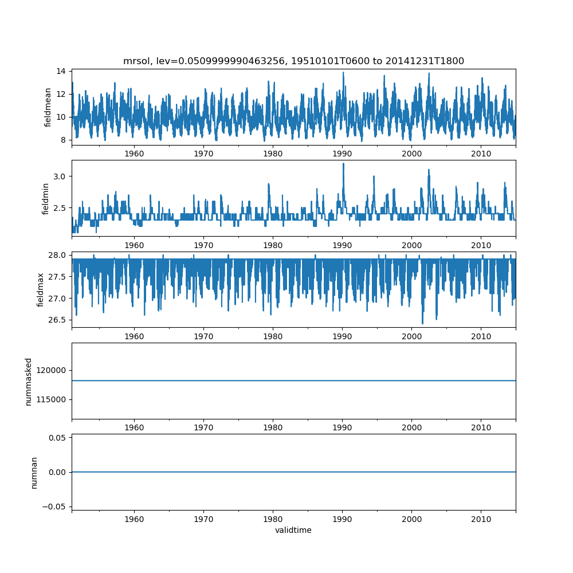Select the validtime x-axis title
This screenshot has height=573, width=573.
point(293,530)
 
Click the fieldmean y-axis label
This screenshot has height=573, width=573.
point(48,108)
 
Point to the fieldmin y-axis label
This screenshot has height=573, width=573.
point(45,199)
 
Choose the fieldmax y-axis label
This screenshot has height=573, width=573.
point(40,290)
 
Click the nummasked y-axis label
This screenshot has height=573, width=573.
point(29,382)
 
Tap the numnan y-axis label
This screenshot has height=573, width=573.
point(34,473)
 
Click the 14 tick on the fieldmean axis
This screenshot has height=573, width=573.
point(61,71)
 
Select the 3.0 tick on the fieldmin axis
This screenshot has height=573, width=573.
point(59,176)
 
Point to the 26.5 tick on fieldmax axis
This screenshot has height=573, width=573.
point(57,320)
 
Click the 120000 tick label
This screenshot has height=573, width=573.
point(51,371)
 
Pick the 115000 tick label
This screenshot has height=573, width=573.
point(51,400)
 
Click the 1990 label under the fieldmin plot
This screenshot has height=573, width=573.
point(342,245)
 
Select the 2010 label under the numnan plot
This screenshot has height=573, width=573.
point(481,519)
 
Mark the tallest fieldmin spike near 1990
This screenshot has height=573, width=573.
point(343,164)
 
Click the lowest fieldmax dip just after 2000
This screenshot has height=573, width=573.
point(423,323)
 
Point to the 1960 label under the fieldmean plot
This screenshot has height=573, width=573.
point(134,154)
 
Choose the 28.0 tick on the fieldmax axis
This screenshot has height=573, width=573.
point(57,255)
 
